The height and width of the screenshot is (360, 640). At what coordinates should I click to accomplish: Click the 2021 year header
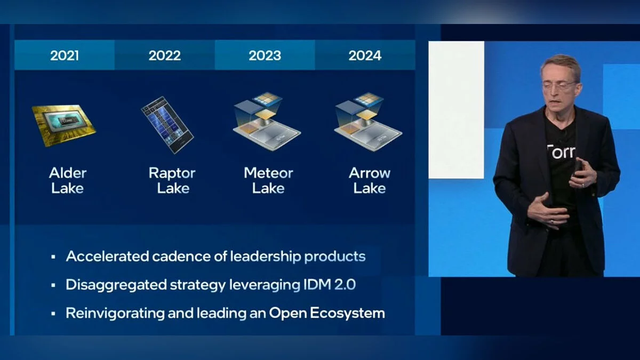(65, 55)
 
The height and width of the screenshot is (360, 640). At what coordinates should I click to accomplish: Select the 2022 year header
(165, 55)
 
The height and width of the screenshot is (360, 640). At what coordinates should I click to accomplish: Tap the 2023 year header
(265, 55)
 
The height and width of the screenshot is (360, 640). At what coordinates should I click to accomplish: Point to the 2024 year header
(365, 55)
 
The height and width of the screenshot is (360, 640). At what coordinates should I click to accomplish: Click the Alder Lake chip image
(64, 125)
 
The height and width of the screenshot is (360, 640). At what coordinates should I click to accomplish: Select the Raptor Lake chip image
(167, 125)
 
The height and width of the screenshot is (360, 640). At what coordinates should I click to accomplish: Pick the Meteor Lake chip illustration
(267, 122)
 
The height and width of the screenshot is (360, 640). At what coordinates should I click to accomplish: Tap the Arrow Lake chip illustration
(369, 122)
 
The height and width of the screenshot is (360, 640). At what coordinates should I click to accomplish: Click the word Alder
(68, 173)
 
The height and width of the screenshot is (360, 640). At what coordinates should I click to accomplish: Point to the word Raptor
(172, 173)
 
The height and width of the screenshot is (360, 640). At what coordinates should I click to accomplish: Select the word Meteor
(268, 173)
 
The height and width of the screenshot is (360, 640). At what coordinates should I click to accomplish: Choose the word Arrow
(370, 173)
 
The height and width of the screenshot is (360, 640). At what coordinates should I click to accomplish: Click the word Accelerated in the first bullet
(107, 257)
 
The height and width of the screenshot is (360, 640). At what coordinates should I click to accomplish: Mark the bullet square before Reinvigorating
(53, 314)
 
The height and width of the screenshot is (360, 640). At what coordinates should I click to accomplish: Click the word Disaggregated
(116, 285)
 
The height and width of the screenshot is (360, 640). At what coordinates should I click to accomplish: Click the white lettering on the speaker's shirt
(561, 151)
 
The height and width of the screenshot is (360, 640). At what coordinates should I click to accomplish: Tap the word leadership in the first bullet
(266, 257)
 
